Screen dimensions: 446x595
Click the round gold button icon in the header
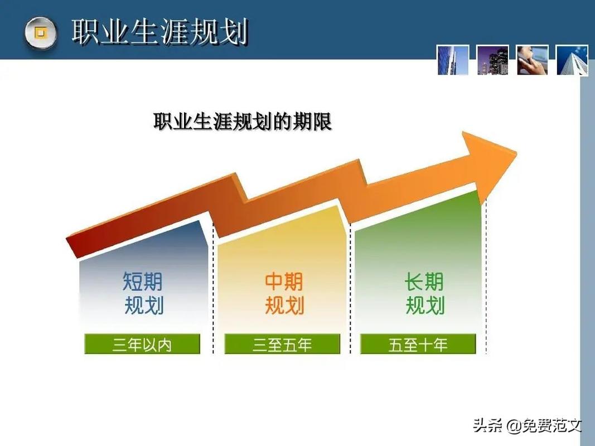pyautogui.click(x=40, y=33)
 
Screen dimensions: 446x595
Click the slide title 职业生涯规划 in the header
pyautogui.click(x=159, y=32)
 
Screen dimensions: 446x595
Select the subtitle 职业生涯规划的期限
pyautogui.click(x=243, y=122)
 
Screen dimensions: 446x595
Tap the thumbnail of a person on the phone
pyautogui.click(x=532, y=60)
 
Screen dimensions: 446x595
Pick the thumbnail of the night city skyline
pyautogui.click(x=492, y=60)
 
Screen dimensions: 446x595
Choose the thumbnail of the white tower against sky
pyautogui.click(x=572, y=60)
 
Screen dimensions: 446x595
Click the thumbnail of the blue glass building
pyautogui.click(x=452, y=60)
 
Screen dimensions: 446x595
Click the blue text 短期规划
pyautogui.click(x=143, y=294)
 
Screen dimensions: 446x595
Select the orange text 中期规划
pyautogui.click(x=284, y=294)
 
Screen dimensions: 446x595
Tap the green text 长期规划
pyautogui.click(x=424, y=294)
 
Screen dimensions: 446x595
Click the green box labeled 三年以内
pyautogui.click(x=142, y=345)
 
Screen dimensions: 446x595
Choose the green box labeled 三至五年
pyautogui.click(x=282, y=345)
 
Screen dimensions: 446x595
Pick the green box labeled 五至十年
pyautogui.click(x=418, y=345)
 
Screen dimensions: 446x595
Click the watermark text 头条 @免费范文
pyautogui.click(x=527, y=426)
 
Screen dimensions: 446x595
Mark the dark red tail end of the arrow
pyautogui.click(x=75, y=245)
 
